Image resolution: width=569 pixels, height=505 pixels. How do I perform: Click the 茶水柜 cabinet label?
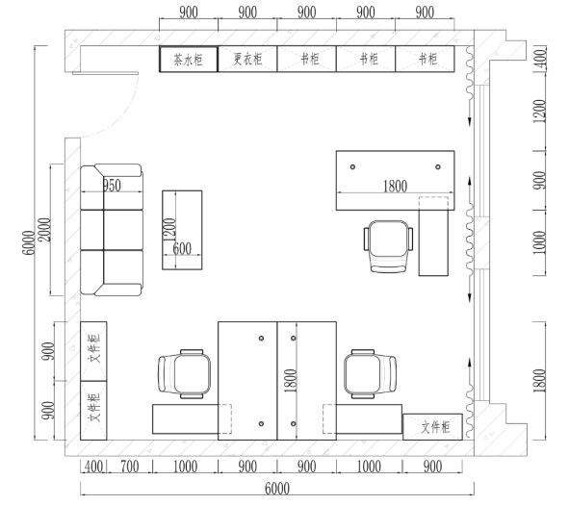(188, 59)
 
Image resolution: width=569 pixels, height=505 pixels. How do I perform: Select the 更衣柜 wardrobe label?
(247, 59)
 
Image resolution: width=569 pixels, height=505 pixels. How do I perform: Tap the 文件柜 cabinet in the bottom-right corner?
(431, 426)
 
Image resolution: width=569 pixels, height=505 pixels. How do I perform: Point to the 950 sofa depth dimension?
(111, 186)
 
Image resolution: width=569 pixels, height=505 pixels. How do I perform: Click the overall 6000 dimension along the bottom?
(276, 489)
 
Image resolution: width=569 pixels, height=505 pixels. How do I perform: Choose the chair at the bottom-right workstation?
(370, 373)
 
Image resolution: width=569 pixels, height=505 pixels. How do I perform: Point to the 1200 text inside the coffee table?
(168, 228)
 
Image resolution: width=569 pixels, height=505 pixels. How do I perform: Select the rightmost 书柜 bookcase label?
(424, 59)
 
